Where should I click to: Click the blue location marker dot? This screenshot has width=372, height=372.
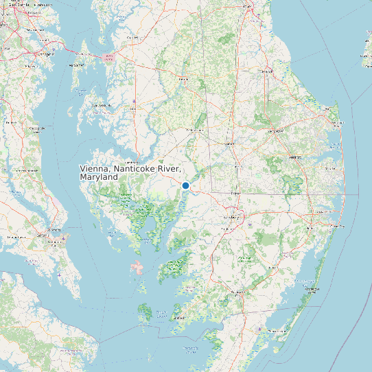tap(185, 185)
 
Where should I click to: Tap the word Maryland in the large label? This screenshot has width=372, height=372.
tap(99, 177)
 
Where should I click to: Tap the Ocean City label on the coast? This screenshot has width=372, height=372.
tap(338, 224)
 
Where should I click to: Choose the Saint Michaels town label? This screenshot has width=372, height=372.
tap(102, 106)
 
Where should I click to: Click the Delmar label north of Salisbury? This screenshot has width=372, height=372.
tap(235, 194)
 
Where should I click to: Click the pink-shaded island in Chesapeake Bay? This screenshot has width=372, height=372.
tap(137, 267)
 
